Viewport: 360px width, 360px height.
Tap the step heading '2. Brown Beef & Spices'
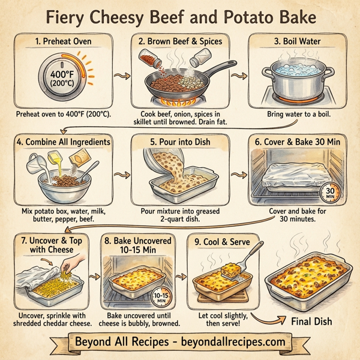click(180, 42)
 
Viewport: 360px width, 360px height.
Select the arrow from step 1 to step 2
click(122, 77)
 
